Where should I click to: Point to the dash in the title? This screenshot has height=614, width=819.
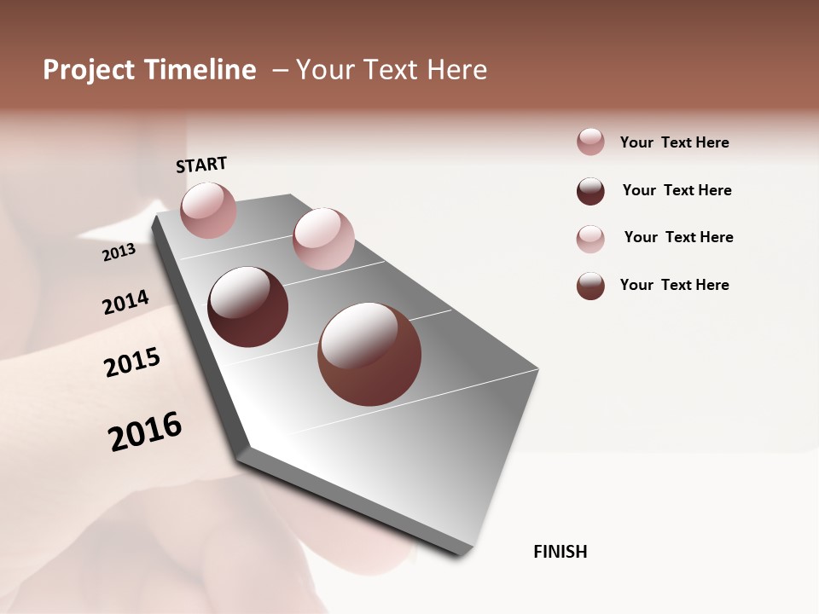280,70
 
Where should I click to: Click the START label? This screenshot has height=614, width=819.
201,165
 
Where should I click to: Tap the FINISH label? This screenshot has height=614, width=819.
560,552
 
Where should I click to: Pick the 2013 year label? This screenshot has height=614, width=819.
119,252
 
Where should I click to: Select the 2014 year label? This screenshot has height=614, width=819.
125,302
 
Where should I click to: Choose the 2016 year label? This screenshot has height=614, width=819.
145,432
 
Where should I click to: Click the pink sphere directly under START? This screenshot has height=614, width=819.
208,210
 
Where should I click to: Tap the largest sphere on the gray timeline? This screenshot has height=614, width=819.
369,354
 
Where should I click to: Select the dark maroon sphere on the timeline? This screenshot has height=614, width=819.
247,307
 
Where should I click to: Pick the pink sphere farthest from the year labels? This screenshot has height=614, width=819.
323,239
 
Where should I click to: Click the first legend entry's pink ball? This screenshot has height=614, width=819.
590,142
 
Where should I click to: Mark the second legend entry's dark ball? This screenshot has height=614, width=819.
590,191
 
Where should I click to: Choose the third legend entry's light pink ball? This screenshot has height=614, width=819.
590,238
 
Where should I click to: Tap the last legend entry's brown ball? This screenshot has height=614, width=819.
590,286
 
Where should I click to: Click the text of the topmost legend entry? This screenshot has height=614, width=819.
674,142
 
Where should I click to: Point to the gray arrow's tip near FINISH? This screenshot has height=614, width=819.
465,550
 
